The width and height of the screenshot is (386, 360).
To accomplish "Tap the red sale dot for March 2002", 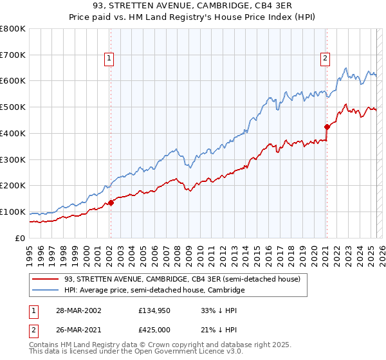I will click(111, 203).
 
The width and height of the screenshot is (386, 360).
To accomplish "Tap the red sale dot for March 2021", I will click(327, 127).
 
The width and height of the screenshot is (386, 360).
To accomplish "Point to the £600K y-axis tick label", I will click(13, 81).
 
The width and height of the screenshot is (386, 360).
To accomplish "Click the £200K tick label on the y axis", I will click(13, 186).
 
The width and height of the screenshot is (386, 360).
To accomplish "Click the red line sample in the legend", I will click(46, 279).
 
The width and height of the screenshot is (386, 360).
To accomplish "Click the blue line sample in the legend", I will click(46, 291).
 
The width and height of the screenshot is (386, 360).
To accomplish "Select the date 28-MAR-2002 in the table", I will click(78, 310).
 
